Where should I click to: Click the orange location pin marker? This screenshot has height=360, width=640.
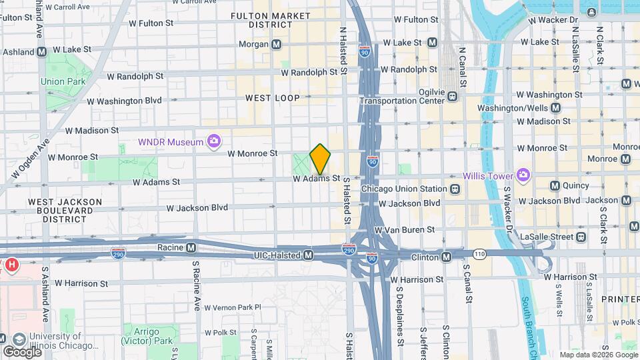click(x=321, y=159)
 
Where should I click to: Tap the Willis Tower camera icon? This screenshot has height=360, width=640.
click(x=523, y=176)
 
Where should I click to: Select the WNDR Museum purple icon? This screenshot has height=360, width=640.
click(x=214, y=141)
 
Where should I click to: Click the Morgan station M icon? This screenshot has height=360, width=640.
click(x=277, y=44)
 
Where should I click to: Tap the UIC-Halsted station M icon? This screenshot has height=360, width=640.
click(x=308, y=255)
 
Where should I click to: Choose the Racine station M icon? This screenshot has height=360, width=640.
click(x=191, y=247)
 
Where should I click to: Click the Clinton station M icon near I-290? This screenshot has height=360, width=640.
click(x=447, y=257)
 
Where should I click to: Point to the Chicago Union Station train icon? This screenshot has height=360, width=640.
click(x=455, y=189)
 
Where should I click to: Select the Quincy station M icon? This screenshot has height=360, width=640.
click(x=555, y=185)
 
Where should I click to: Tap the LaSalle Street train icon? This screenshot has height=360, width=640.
click(x=581, y=237)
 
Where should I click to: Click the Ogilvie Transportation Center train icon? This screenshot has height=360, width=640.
click(x=453, y=96)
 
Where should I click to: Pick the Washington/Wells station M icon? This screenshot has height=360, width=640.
click(x=555, y=108)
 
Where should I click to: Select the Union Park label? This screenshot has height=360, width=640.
click(x=63, y=81)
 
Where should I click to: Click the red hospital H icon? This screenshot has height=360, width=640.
click(x=11, y=265)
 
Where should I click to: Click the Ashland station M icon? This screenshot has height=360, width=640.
click(x=42, y=51)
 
